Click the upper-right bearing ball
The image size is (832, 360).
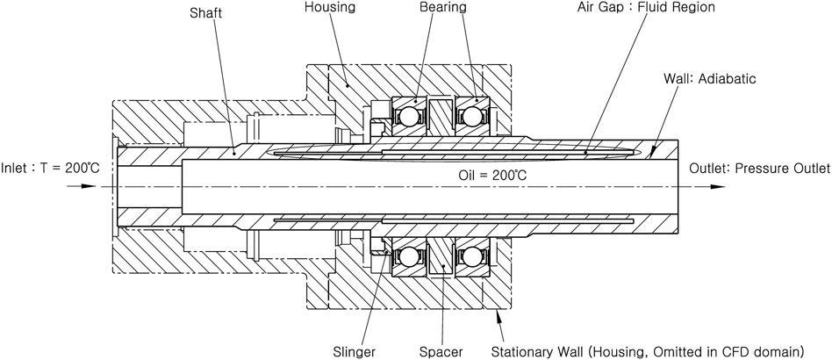[474, 116]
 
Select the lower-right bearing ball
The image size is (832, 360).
[474, 258]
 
